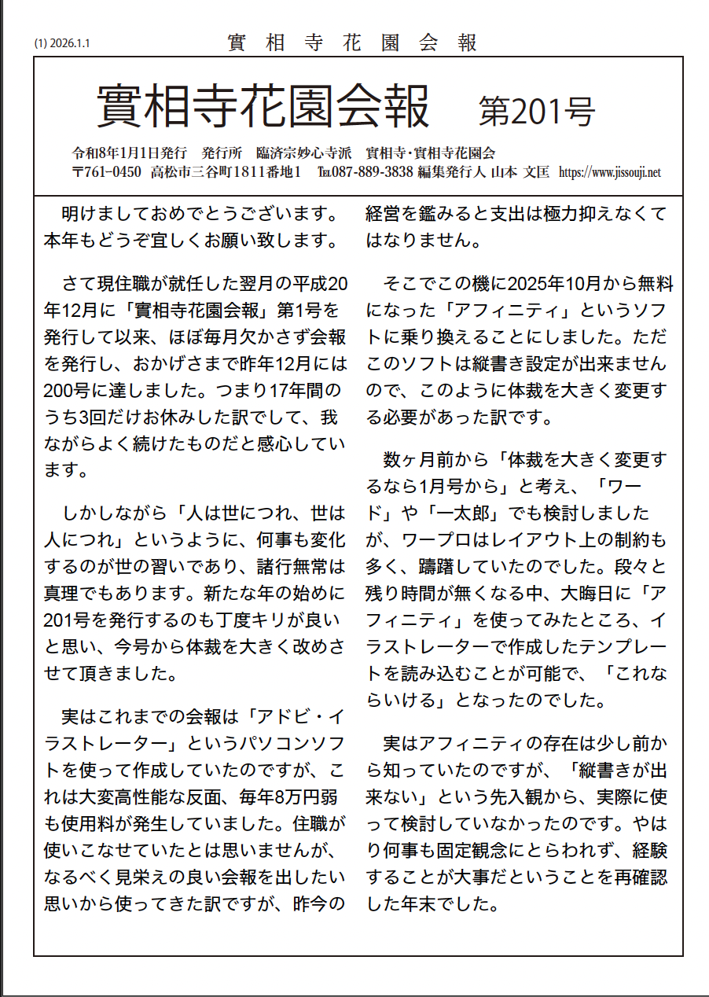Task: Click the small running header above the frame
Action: click(353, 43)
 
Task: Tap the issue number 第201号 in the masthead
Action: click(537, 112)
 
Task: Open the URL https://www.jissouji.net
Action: click(609, 172)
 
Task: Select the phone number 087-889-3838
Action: click(383, 172)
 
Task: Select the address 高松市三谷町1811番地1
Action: click(227, 172)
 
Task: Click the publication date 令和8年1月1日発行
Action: click(129, 153)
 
